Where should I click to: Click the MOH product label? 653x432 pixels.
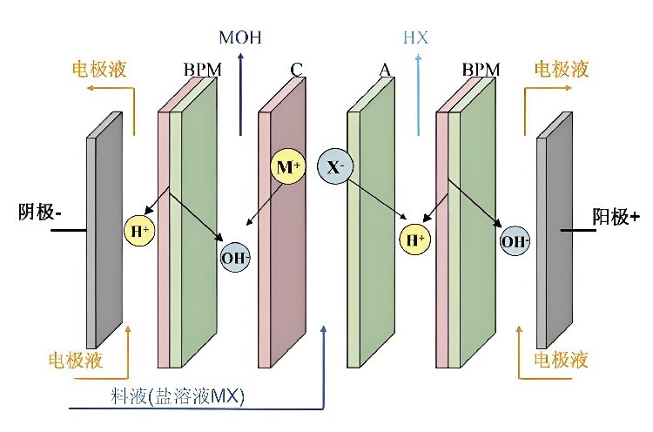[x=240, y=37]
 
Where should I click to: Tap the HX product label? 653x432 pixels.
[x=415, y=38]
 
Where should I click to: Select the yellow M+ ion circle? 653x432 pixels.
[x=288, y=167]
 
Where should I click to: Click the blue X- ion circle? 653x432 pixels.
[x=335, y=167]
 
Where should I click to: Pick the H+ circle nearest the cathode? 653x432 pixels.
[x=139, y=231]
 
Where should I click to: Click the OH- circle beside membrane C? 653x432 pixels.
[x=236, y=258]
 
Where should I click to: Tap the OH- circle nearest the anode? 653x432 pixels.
[x=515, y=241]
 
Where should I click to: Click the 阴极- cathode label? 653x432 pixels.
[x=40, y=212]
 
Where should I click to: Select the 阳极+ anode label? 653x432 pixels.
[x=616, y=217]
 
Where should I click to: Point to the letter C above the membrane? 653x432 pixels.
[x=297, y=70]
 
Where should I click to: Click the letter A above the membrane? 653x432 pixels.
[x=385, y=70]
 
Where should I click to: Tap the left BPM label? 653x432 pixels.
[x=202, y=70]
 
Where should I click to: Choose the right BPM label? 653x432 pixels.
[x=481, y=70]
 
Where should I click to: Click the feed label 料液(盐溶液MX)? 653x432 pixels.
[x=178, y=396]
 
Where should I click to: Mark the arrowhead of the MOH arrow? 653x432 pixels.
[x=240, y=57]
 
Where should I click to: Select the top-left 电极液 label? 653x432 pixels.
[x=99, y=69]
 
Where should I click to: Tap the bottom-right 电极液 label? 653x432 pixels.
[x=561, y=360]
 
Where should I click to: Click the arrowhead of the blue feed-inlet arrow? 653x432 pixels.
[x=324, y=330]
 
